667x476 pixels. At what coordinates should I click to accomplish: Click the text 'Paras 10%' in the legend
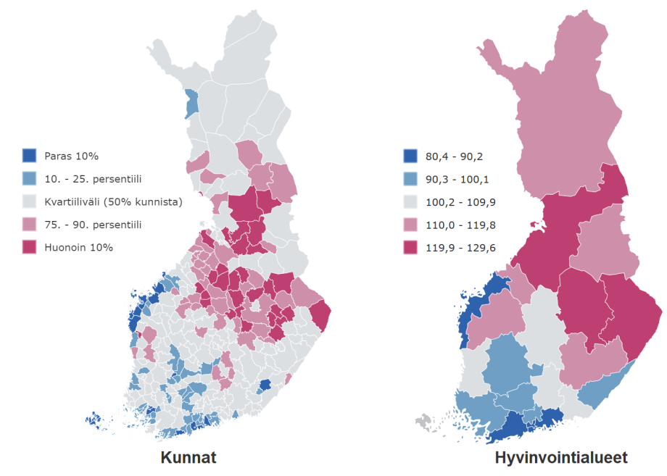pos(71,156)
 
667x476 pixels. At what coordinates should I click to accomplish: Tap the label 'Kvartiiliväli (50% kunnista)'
pos(113,201)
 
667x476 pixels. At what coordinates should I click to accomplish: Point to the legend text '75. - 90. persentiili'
pos(93,225)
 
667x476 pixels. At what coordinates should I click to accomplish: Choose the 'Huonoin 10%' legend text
pos(78,247)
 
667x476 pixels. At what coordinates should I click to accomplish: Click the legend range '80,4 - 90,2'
pos(452,156)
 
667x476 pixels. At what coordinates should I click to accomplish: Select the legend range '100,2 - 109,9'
pos(457,201)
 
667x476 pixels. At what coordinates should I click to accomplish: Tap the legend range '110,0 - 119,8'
pos(457,225)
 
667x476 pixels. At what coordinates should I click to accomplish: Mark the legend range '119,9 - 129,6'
pos(457,247)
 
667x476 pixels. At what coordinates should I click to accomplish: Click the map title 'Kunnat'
pos(188,458)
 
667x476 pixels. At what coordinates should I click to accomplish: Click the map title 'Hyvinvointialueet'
pos(561,458)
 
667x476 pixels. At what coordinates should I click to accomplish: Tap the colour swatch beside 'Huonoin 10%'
pos(30,247)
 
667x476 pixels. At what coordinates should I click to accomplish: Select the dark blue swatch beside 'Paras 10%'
pos(30,156)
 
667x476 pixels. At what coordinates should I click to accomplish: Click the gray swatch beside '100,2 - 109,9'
pos(410,201)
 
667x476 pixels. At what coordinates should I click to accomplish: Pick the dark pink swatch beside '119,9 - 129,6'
pos(410,247)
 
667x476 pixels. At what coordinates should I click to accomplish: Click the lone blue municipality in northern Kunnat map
pos(192,104)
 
